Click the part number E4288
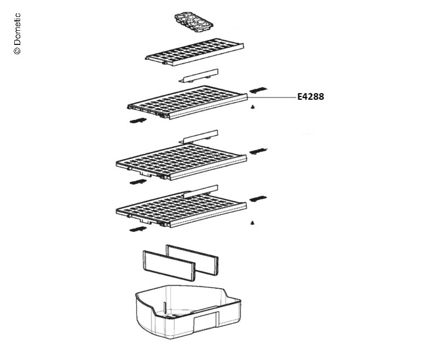click(310, 96)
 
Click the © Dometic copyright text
click(17, 33)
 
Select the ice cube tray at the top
click(194, 22)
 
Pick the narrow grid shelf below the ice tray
click(195, 52)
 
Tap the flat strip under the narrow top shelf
click(199, 76)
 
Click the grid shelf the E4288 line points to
click(187, 102)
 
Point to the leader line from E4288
click(272, 98)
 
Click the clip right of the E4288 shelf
click(258, 90)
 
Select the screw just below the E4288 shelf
click(253, 107)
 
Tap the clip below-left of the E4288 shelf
click(138, 121)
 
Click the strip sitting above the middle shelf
click(200, 136)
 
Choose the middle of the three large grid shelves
click(181, 162)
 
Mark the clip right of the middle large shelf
click(258, 151)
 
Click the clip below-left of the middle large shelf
click(138, 182)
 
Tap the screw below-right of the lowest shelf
click(252, 223)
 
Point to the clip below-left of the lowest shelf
click(138, 229)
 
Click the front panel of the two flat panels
click(169, 266)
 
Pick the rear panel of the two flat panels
click(192, 260)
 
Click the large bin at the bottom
click(188, 312)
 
